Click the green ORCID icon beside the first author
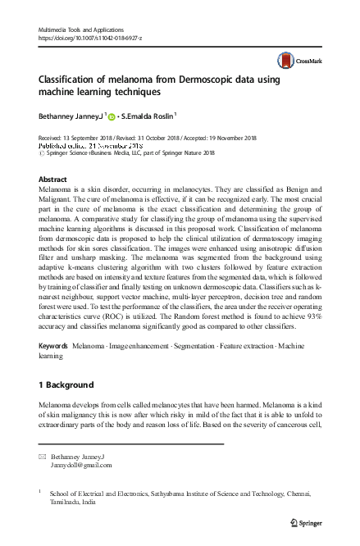[113, 116]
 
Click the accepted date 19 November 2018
[242, 139]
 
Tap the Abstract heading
[53, 178]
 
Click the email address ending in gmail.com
[80, 465]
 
